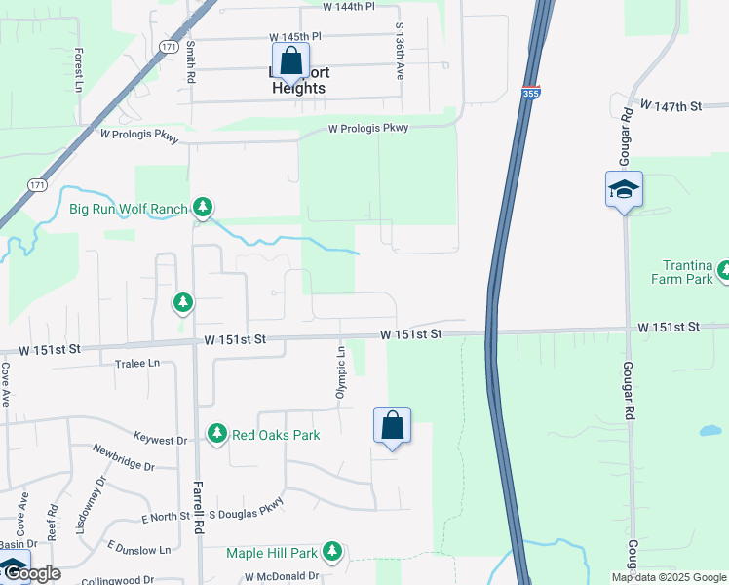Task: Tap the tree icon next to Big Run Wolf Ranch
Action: (203, 207)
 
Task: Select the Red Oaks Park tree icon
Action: (216, 434)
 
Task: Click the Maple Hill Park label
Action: (272, 553)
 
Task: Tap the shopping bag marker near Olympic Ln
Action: (392, 426)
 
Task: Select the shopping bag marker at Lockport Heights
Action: (290, 61)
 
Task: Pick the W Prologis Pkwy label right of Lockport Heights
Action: (367, 128)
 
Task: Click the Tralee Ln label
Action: (139, 363)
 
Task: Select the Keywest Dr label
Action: (160, 438)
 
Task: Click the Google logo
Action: (36, 573)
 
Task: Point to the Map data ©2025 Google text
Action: (668, 577)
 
